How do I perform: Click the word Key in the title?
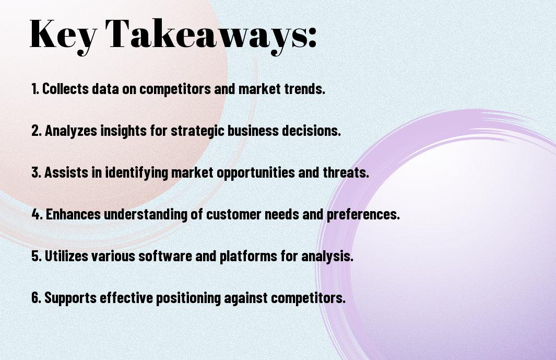click(63, 36)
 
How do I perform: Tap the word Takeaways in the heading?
click(204, 36)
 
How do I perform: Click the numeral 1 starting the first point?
click(34, 89)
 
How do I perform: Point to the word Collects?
click(66, 89)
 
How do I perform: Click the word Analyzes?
click(71, 131)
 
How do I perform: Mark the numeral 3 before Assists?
click(35, 172)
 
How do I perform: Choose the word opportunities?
click(256, 173)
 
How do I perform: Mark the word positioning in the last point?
click(188, 298)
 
